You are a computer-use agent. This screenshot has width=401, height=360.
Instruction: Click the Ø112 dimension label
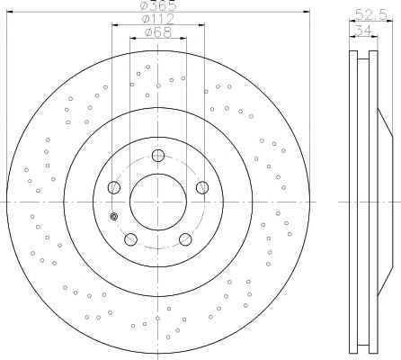(158, 20)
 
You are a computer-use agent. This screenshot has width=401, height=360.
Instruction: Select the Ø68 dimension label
(158, 32)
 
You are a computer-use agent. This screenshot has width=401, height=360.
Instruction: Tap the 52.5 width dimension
(371, 14)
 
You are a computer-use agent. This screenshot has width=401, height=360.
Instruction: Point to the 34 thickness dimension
(363, 30)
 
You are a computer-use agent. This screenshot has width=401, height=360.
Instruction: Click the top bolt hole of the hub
(158, 156)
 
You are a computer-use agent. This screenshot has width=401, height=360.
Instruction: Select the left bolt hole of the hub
(114, 187)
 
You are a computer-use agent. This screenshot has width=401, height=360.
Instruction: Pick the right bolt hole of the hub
(202, 187)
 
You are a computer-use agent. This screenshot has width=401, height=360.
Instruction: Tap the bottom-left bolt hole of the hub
(130, 239)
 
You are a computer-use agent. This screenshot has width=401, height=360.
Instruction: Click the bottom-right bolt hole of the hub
(185, 239)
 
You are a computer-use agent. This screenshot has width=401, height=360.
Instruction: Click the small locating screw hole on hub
(114, 216)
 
